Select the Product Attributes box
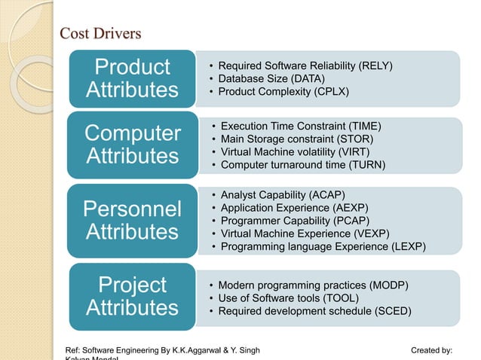pos(133,78)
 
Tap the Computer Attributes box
pos(133,145)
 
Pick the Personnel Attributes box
pos(133,220)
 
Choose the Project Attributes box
pos(133,296)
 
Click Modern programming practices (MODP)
pos(313,285)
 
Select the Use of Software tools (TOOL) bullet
pos(289,297)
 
